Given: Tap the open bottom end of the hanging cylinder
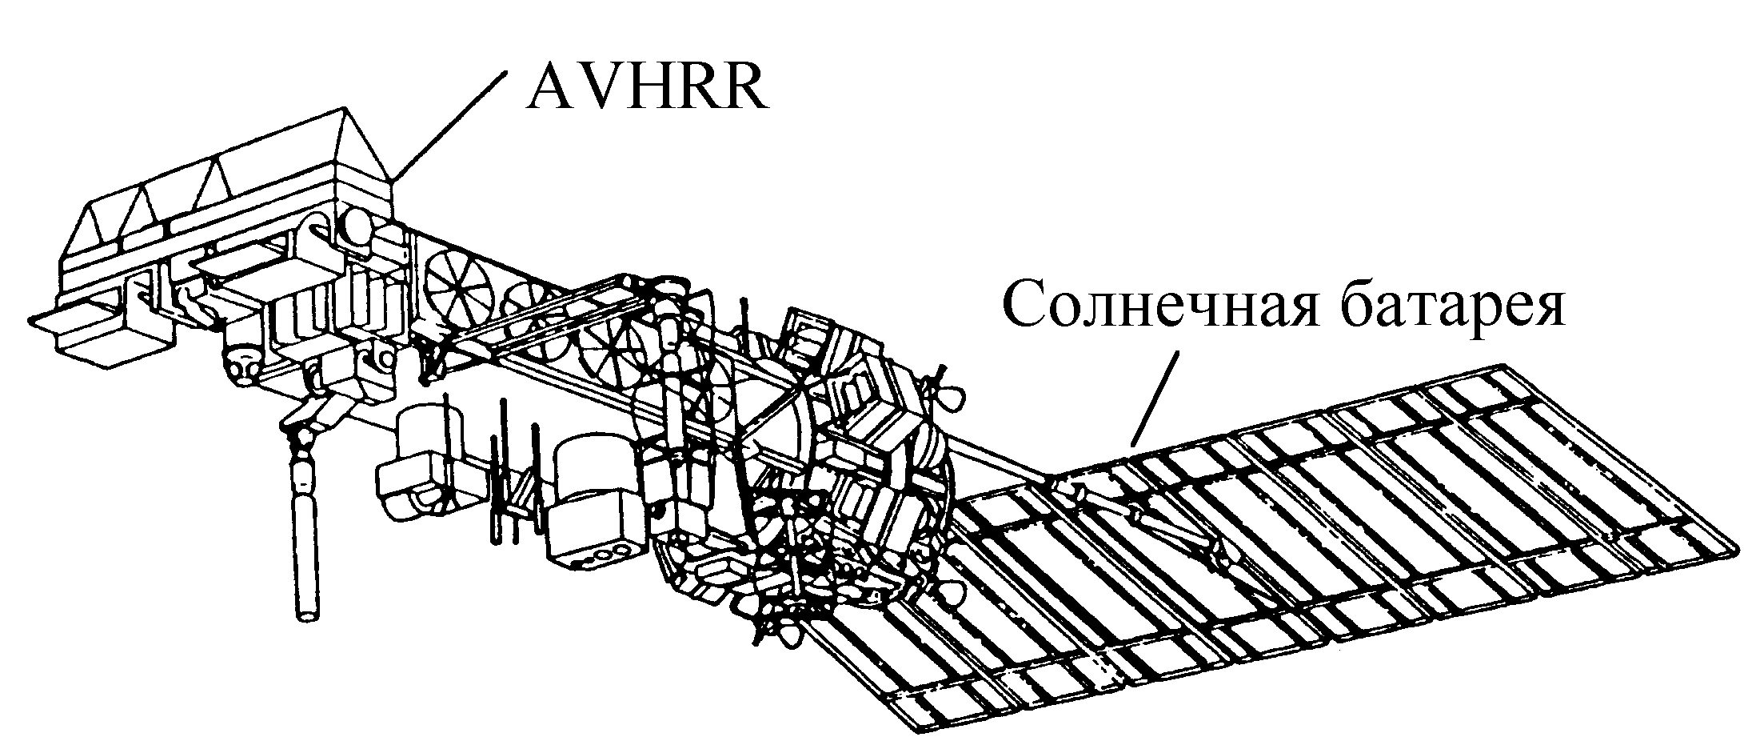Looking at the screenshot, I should pyautogui.click(x=305, y=615).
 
